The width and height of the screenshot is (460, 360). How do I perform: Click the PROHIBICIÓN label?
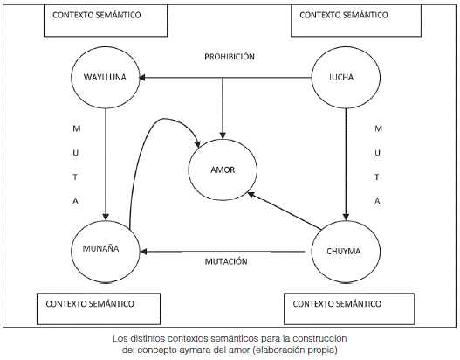coord(230,57)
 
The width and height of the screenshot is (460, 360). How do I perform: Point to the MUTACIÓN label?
coord(226,261)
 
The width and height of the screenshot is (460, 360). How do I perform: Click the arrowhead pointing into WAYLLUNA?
coord(142,78)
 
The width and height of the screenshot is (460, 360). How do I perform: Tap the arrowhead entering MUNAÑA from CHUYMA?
coord(144,252)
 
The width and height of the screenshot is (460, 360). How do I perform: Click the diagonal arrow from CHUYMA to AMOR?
coord(285,211)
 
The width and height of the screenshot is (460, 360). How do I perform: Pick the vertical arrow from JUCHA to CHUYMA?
coord(346,164)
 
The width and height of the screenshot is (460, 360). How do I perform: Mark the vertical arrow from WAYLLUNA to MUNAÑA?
coord(106,164)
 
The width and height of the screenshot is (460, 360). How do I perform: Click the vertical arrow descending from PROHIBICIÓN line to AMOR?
coord(223,108)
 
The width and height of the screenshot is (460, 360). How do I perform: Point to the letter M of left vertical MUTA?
coord(77,128)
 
